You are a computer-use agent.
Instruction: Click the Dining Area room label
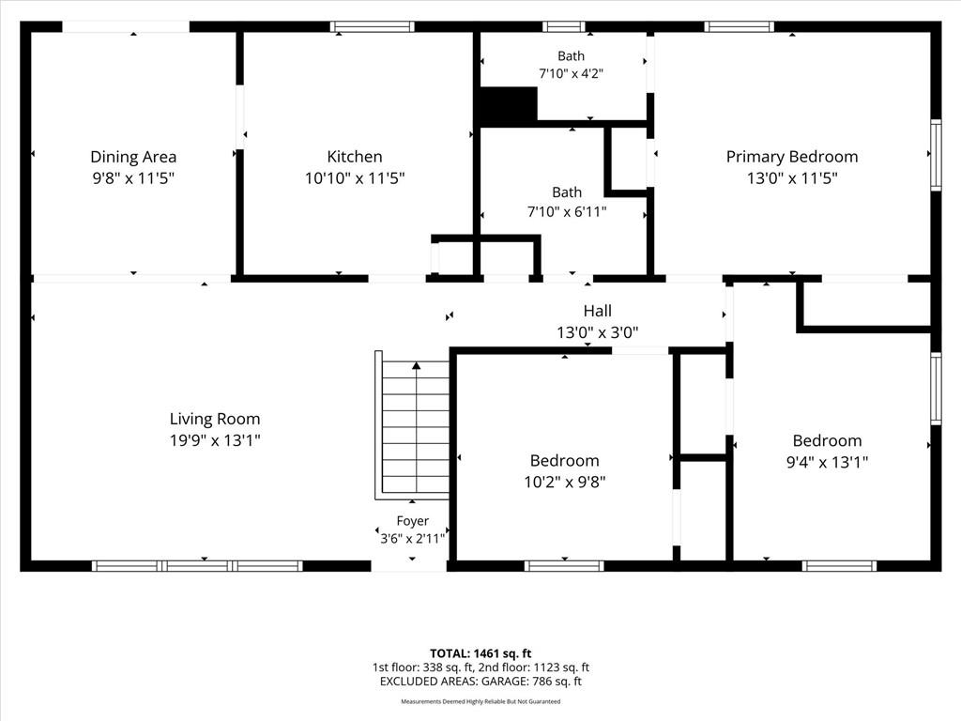(x=133, y=157)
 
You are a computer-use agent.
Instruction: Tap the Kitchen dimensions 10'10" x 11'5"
(x=355, y=178)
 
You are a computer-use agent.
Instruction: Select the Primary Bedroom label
(x=792, y=157)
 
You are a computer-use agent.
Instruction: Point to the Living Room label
(x=215, y=420)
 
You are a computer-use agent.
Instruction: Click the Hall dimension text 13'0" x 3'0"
(x=598, y=332)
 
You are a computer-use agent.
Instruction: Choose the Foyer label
(x=413, y=521)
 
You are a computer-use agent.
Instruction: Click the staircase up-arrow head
(x=417, y=365)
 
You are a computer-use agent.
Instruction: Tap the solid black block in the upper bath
(x=508, y=104)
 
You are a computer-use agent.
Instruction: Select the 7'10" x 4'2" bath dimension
(x=572, y=73)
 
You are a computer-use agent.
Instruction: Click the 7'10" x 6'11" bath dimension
(x=567, y=212)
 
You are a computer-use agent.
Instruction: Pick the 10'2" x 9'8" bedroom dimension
(x=564, y=483)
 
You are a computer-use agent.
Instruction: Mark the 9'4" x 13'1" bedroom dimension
(x=828, y=462)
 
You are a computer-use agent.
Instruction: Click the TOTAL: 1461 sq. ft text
(x=480, y=653)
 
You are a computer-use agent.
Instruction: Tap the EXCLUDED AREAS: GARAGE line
(x=480, y=682)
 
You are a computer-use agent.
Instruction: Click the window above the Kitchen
(x=372, y=26)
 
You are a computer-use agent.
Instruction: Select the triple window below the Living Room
(x=197, y=566)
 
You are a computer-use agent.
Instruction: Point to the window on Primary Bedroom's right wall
(x=936, y=155)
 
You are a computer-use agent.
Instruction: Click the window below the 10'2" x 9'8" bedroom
(x=564, y=566)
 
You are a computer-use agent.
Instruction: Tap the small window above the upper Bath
(x=564, y=26)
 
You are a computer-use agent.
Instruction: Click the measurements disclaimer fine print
(x=480, y=701)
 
